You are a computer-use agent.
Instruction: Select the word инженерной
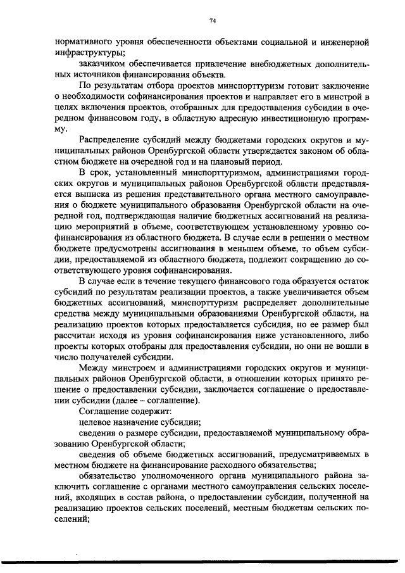(x=347, y=42)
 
